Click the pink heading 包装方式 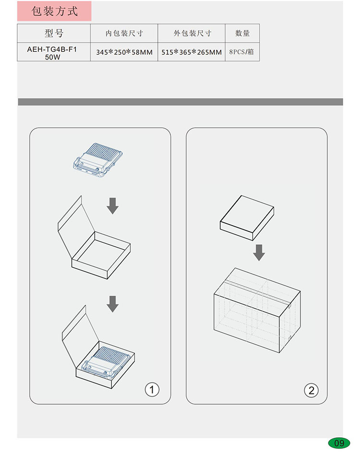pyautogui.click(x=54, y=11)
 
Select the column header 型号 pyautogui.click(x=54, y=33)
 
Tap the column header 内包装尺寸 pyautogui.click(x=124, y=33)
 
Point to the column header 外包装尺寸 pyautogui.click(x=192, y=33)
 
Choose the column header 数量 pyautogui.click(x=242, y=33)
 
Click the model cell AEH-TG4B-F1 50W pyautogui.click(x=52, y=53)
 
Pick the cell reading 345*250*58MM pyautogui.click(x=124, y=52)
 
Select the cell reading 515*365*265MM pyautogui.click(x=192, y=52)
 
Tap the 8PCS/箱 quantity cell pyautogui.click(x=241, y=52)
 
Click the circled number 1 pyautogui.click(x=152, y=390)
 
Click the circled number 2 pyautogui.click(x=311, y=390)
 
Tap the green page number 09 pyautogui.click(x=339, y=443)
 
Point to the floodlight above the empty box pyautogui.click(x=98, y=160)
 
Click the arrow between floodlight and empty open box pyautogui.click(x=112, y=206)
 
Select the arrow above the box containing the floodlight pyautogui.click(x=112, y=304)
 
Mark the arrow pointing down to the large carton pyautogui.click(x=259, y=252)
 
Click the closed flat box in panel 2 pyautogui.click(x=247, y=218)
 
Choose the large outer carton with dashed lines pyautogui.click(x=257, y=310)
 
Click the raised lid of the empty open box pyautogui.click(x=76, y=227)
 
